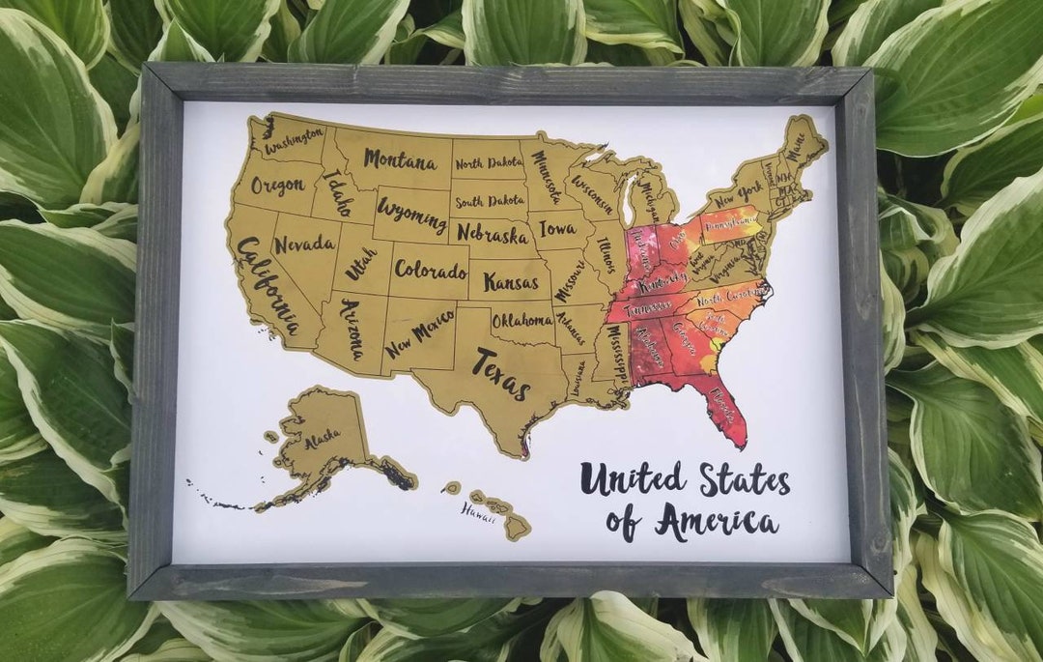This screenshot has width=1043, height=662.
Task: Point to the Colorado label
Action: (430, 269)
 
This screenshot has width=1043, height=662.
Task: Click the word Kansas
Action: (511, 282)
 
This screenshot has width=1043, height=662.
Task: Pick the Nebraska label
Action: (493, 233)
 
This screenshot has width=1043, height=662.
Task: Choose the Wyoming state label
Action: (412, 214)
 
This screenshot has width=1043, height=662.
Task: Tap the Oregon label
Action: (277, 185)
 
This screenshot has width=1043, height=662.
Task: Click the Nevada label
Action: (304, 245)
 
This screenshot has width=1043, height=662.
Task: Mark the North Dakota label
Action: (489, 163)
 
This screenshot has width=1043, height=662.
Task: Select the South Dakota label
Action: (490, 201)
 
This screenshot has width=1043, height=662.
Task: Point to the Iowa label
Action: (558, 230)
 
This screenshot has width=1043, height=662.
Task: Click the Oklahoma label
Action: (522, 320)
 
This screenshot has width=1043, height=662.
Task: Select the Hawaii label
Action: (478, 509)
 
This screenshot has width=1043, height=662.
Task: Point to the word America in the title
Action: (717, 522)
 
